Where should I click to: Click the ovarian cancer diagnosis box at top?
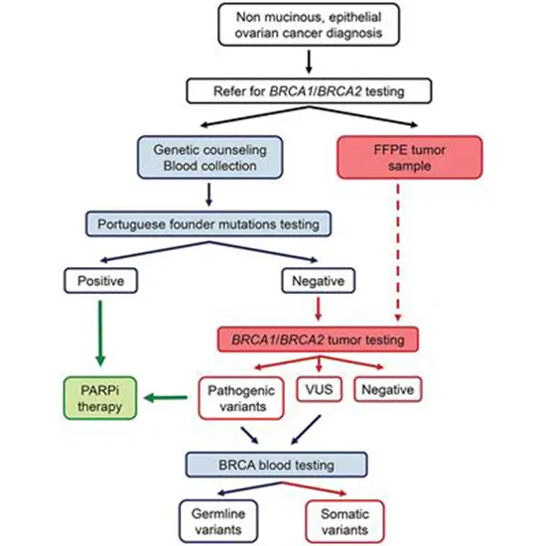click(311, 27)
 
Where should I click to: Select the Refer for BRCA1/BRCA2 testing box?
click(311, 91)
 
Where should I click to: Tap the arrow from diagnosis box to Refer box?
click(311, 63)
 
